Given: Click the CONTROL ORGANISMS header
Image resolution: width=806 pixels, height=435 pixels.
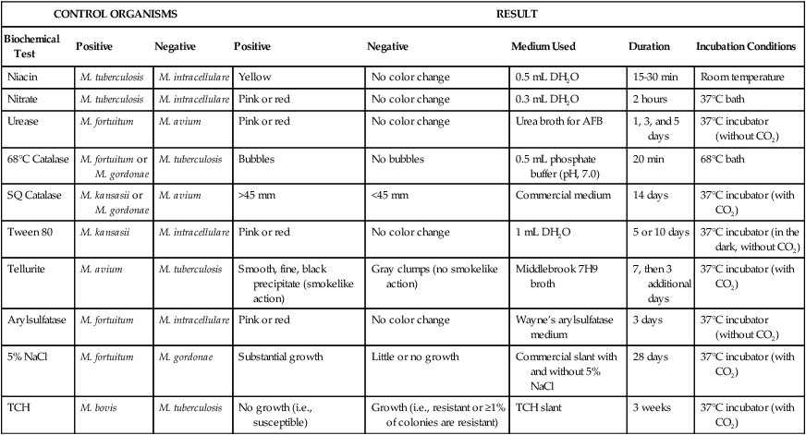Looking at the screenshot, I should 102,15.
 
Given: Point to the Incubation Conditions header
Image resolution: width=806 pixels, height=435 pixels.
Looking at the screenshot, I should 746,46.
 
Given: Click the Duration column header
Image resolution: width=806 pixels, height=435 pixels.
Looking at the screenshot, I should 650,46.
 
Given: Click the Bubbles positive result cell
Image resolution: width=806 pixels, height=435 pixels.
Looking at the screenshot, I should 254,160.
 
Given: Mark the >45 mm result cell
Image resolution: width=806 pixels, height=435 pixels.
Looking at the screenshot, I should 256,196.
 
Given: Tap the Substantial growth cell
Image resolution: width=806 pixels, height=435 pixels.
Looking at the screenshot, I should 280,355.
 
